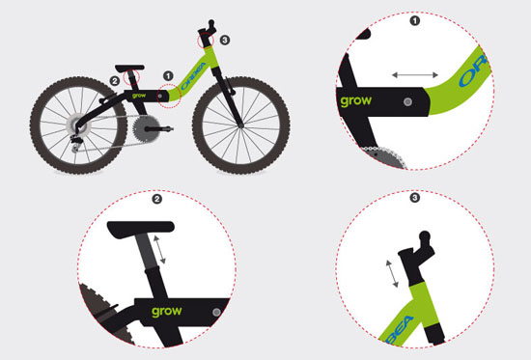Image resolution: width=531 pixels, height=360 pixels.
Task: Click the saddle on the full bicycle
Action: point(129,68)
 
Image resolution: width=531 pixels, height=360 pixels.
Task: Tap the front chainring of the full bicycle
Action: point(146,128)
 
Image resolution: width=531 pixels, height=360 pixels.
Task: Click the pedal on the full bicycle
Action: point(165,128)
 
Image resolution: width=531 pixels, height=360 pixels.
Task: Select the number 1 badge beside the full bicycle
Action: point(168,76)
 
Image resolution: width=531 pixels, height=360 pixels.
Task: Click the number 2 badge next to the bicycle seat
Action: point(115,81)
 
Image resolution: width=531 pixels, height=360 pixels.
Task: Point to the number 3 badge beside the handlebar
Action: point(225,41)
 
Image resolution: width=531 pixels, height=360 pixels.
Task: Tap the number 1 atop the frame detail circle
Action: point(415,21)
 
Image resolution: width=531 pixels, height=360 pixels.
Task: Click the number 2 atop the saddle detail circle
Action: point(156,199)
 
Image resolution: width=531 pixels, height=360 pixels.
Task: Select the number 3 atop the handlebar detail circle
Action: point(415,198)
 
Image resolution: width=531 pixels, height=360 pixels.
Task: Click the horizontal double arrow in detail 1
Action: point(415,75)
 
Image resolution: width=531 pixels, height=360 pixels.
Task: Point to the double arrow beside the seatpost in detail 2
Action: point(159,250)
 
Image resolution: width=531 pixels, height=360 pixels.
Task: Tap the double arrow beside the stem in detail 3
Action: point(392,274)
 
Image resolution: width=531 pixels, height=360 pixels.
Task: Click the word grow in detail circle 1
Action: point(355,101)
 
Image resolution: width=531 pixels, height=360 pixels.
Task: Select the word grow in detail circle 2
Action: point(167,312)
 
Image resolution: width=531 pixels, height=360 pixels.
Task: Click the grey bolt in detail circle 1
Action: point(407,101)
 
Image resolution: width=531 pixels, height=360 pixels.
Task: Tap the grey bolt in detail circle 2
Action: point(216,313)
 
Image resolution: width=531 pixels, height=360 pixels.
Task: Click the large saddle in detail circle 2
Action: point(141,229)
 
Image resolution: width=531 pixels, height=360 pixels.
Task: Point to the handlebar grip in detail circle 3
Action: point(425,237)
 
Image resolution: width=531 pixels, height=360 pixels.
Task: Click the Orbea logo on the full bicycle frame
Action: point(194,76)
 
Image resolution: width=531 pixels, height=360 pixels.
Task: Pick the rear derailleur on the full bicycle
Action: point(76,142)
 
